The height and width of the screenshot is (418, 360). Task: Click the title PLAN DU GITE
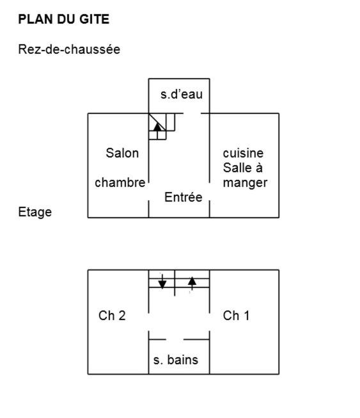tap(64, 19)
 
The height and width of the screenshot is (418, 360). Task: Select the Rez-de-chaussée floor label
tap(69, 49)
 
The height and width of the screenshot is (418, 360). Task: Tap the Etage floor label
tap(35, 213)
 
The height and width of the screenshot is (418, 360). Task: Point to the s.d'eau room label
tap(182, 94)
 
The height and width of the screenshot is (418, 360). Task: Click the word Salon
tap(122, 153)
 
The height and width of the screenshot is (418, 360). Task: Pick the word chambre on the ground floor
tap(120, 182)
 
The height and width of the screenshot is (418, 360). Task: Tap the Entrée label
tap(183, 197)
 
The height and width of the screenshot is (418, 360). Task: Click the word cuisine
tap(243, 153)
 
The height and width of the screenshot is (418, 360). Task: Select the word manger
tap(245, 184)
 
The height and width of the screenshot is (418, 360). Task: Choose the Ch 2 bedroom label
tap(112, 316)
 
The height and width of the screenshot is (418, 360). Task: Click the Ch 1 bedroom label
tap(236, 316)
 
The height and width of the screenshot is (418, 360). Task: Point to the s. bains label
tap(175, 360)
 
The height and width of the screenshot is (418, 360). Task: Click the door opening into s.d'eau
tap(192, 113)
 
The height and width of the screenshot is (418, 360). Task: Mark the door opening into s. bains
tap(175, 340)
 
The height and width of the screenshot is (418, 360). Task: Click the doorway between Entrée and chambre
tap(148, 191)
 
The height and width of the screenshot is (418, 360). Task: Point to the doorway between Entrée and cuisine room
tap(210, 191)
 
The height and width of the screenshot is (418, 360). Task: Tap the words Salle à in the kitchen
tap(243, 168)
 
